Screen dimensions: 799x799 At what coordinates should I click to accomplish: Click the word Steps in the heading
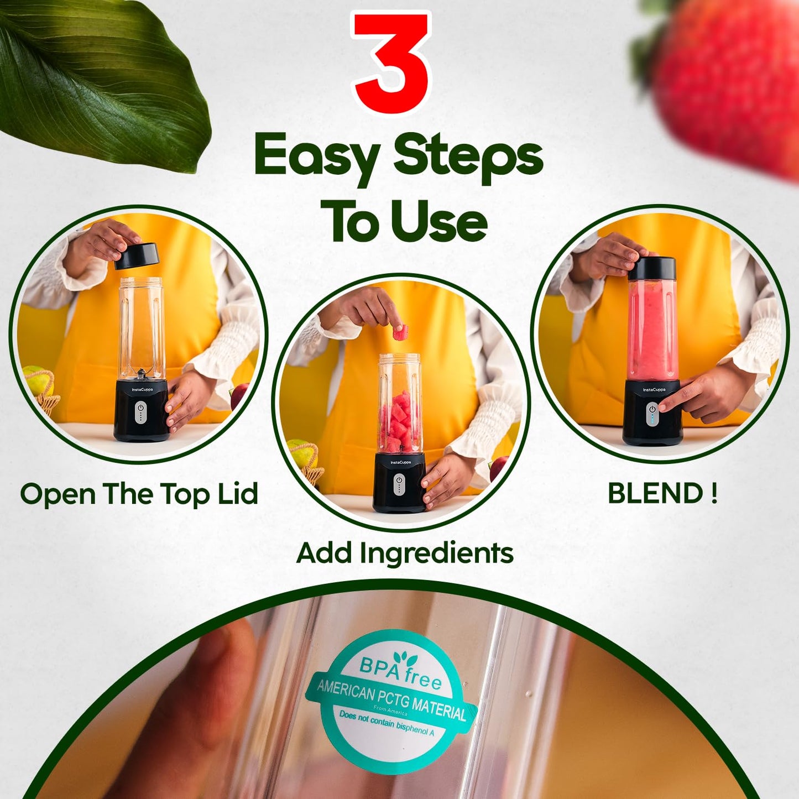coord(468,158)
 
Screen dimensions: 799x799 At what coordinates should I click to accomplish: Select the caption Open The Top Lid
coord(139,493)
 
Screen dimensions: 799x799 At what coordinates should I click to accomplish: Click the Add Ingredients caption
coord(405,552)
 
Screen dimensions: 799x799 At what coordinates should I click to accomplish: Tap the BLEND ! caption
coord(662,493)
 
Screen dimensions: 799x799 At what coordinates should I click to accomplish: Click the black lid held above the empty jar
coord(137,256)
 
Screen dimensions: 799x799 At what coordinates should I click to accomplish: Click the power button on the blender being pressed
coord(652,410)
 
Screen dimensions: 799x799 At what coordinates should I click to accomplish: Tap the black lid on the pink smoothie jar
coord(652,268)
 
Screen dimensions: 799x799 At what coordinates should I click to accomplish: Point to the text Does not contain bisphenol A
coord(387,723)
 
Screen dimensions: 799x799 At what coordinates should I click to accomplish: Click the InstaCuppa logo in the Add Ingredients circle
coord(400,462)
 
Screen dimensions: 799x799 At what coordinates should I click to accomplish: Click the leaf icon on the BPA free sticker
coord(409,657)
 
